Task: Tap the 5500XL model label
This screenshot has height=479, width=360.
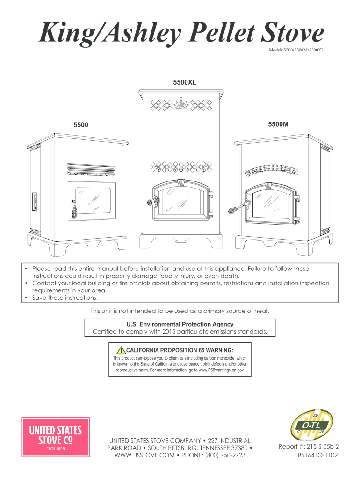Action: pos(184,82)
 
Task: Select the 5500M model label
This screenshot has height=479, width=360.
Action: pos(278,125)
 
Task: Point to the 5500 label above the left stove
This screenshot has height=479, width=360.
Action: pos(81,125)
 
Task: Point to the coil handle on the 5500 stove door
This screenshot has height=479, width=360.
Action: pos(74,210)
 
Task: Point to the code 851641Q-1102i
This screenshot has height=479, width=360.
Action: pos(317,454)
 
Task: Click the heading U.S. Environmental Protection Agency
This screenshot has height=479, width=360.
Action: pos(180,324)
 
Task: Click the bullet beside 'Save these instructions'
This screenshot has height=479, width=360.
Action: pos(27,298)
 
